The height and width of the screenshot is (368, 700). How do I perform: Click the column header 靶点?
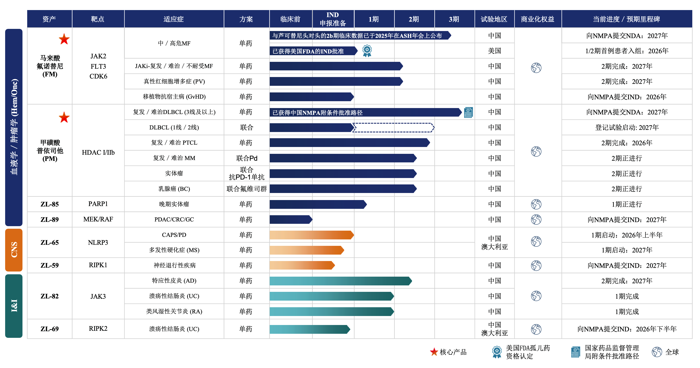point(98,19)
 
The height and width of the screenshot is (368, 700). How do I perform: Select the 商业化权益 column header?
point(537,19)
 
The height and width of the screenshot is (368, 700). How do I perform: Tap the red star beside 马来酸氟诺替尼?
point(64,39)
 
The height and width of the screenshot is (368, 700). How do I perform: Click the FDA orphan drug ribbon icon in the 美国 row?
point(367,51)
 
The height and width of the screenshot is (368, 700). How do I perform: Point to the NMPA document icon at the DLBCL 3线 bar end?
point(468,112)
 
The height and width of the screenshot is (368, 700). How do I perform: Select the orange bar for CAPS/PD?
point(311,235)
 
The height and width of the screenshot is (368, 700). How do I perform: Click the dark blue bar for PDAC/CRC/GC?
point(290,220)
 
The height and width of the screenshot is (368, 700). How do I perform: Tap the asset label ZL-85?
point(49,204)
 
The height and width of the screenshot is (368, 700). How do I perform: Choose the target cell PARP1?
point(98,204)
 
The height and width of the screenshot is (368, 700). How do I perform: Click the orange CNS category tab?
point(14,250)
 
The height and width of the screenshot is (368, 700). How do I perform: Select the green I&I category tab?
point(14,306)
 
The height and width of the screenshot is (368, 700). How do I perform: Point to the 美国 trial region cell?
point(494,51)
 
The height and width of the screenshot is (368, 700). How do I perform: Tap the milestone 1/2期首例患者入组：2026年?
point(627,51)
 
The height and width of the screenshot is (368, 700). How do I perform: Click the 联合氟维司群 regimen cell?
point(246,189)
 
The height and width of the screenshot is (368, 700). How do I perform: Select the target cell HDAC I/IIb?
point(98,152)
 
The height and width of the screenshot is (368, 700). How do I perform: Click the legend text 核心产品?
point(453,352)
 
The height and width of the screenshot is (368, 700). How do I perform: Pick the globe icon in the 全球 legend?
point(657,352)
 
